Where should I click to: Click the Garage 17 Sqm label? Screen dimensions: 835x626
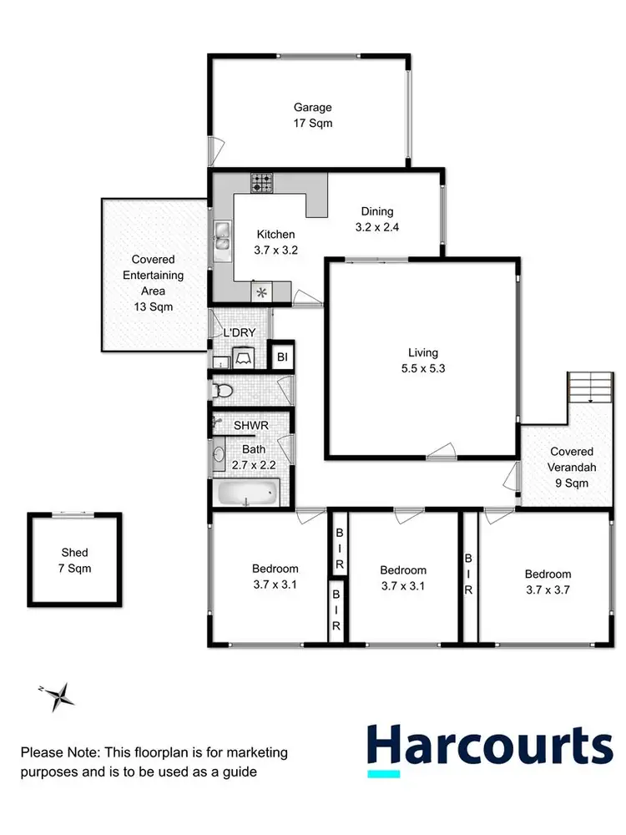click(312, 115)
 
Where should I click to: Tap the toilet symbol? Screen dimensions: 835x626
click(222, 390)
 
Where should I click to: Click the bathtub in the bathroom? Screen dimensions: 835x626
click(247, 494)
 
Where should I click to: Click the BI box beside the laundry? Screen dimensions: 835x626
click(283, 357)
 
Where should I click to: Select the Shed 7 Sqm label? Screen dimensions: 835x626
click(74, 560)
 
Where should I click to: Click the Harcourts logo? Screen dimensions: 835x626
click(490, 746)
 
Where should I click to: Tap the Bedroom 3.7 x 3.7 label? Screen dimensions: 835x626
click(548, 581)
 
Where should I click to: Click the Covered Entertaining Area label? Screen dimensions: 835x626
click(153, 276)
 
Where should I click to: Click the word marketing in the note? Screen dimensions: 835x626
click(254, 752)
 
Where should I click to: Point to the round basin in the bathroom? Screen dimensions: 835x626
click(219, 455)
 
